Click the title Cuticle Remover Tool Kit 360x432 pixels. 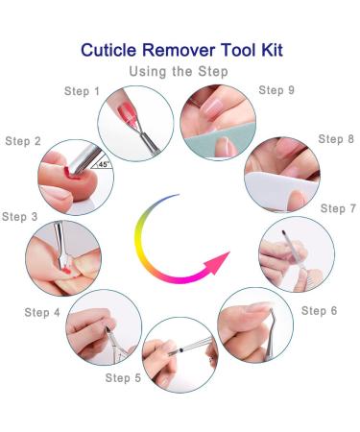click(x=180, y=49)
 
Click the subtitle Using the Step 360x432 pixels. click(x=180, y=71)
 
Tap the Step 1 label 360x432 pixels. click(x=83, y=92)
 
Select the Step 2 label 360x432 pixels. click(x=23, y=141)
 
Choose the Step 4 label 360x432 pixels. click(x=42, y=313)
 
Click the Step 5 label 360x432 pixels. click(x=123, y=378)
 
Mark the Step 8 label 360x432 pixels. click(x=336, y=139)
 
